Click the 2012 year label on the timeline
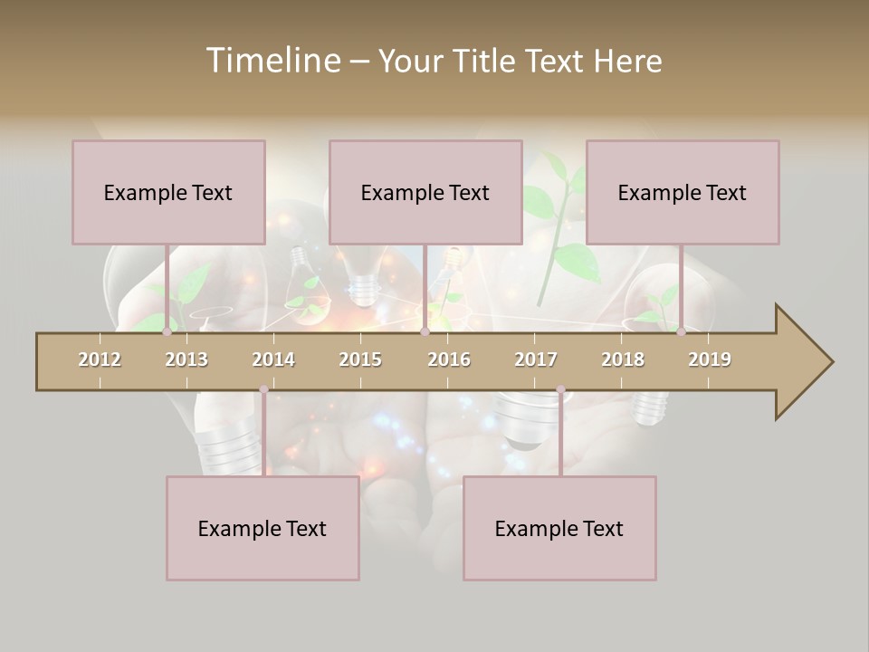pos(100,360)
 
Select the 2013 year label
pos(186,360)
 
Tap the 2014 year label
pos(273,360)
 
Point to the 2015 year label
pos(360,360)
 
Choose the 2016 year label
pos(449,360)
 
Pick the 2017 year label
pos(536,360)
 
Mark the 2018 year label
pos(623,360)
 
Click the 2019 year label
pos(710,360)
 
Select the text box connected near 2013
pos(168,192)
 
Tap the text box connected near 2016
pos(425,192)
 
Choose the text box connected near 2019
pos(683,192)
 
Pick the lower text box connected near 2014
pos(263,528)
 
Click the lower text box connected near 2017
pos(559,528)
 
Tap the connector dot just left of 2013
pos(167,332)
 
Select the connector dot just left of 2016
pos(425,332)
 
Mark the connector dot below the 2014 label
pos(263,390)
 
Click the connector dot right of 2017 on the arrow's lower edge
pos(560,390)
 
